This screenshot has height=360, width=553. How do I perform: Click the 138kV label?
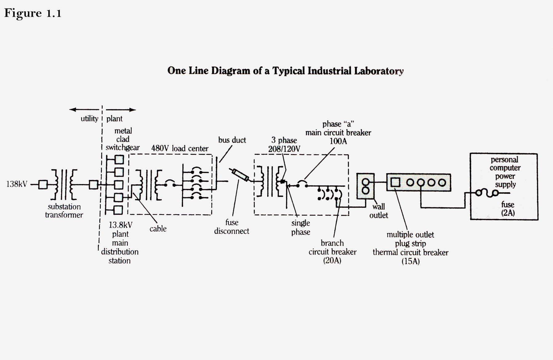click(17, 184)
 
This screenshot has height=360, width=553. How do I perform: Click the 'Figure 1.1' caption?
click(33, 13)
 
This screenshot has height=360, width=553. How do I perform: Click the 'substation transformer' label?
click(64, 211)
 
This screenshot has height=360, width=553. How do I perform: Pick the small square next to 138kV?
click(43, 185)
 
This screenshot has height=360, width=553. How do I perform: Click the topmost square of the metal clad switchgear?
click(119, 159)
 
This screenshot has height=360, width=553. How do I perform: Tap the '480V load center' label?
click(180, 149)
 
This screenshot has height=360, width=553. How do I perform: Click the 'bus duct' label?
click(232, 140)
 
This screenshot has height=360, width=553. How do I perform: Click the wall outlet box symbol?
click(365, 186)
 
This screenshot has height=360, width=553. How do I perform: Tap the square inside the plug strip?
click(395, 182)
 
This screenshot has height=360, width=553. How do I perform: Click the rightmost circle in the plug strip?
click(442, 183)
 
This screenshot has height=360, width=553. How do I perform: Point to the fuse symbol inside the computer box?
click(487, 193)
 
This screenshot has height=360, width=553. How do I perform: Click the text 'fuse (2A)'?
click(507, 208)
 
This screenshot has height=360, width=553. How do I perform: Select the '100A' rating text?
click(338, 141)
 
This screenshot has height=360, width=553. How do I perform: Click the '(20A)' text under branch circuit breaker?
click(332, 261)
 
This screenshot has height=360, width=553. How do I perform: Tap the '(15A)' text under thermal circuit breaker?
click(410, 262)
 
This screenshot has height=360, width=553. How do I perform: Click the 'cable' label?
click(158, 229)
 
